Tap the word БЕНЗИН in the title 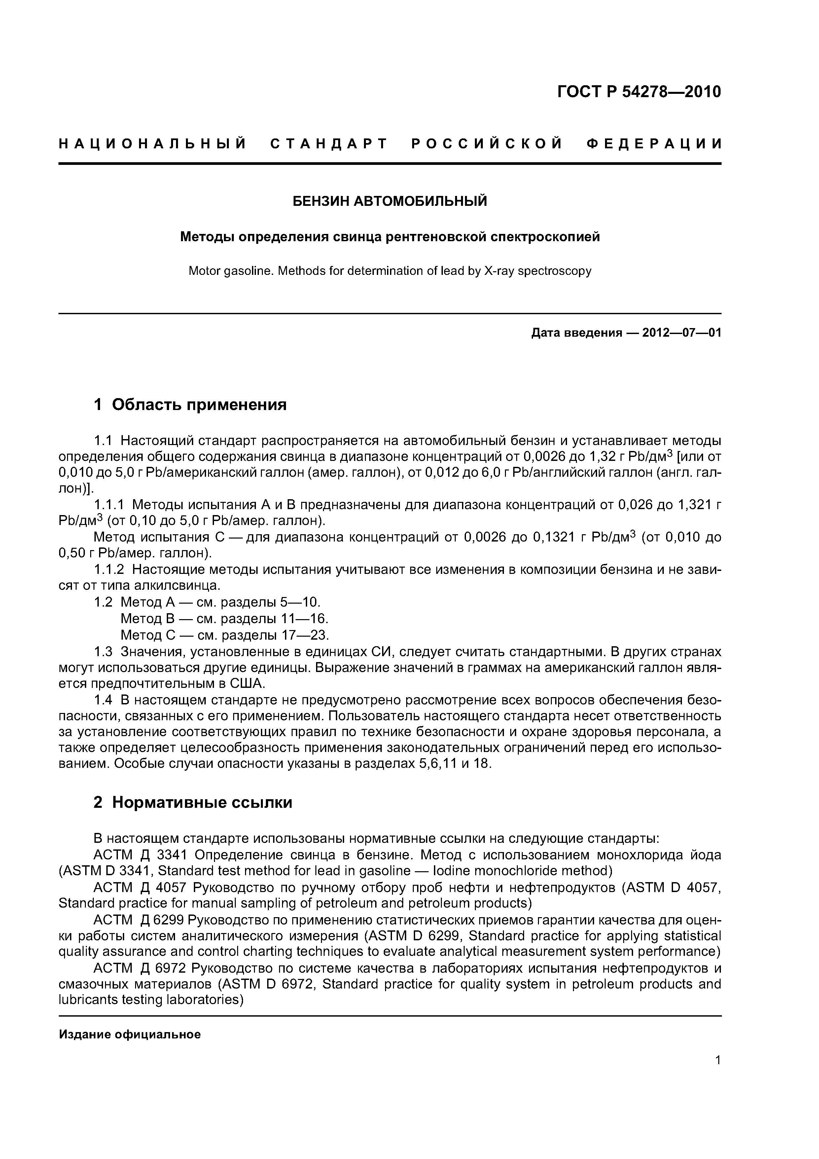pyautogui.click(x=321, y=202)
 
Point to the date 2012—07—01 pyautogui.click(x=682, y=333)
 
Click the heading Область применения pyautogui.click(x=199, y=404)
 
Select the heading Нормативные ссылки pyautogui.click(x=202, y=802)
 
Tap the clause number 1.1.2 pyautogui.click(x=109, y=569)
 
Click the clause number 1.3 pyautogui.click(x=103, y=651)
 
